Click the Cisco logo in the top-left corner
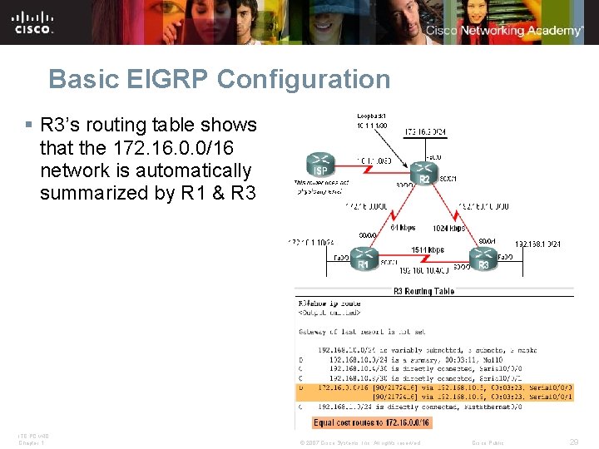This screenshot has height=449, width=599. [x=33, y=22]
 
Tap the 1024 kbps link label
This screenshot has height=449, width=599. [x=448, y=227]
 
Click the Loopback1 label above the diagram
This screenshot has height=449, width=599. [x=371, y=115]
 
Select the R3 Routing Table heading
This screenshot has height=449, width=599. [x=424, y=291]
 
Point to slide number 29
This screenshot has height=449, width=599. [x=575, y=442]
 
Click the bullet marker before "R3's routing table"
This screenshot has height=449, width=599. [x=28, y=126]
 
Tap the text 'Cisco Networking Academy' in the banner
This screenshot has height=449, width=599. [x=505, y=31]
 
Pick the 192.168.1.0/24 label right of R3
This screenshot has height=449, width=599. [x=538, y=244]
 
